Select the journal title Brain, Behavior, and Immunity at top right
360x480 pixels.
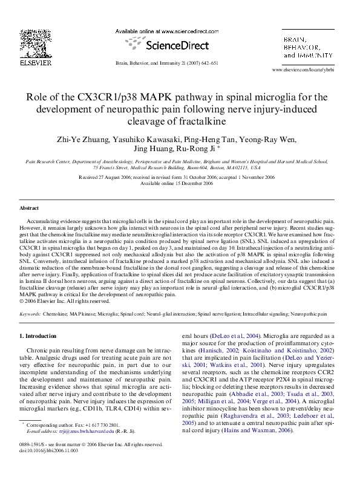[309, 47]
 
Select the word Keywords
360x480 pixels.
[30, 315]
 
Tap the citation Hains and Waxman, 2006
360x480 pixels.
[257, 421]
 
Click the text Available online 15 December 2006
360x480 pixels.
[180, 184]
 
